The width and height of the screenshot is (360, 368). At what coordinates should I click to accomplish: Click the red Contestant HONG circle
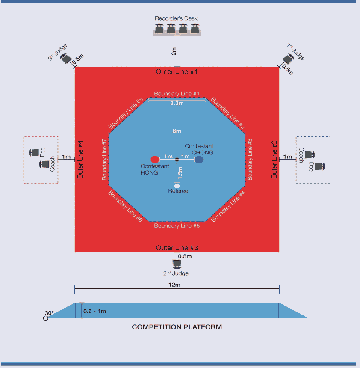(155, 160)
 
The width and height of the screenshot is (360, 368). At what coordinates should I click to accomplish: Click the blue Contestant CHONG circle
(199, 160)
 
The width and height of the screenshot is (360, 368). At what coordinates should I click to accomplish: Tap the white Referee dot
(177, 185)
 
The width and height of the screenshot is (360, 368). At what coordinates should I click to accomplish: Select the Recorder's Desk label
(176, 18)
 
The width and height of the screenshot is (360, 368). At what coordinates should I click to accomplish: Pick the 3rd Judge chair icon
(65, 60)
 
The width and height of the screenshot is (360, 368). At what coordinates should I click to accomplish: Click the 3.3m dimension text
(177, 104)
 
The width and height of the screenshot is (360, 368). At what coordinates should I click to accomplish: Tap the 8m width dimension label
(177, 131)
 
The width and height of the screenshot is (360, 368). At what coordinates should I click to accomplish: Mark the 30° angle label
(50, 313)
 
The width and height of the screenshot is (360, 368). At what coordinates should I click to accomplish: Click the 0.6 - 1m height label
(94, 311)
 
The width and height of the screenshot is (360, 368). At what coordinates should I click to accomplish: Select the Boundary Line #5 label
(177, 226)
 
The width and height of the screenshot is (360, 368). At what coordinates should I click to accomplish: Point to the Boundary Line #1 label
(177, 94)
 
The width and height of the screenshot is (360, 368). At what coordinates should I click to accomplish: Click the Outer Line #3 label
(177, 248)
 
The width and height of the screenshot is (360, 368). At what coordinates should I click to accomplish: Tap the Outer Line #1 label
(177, 71)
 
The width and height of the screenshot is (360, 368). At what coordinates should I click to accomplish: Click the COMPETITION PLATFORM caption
(177, 327)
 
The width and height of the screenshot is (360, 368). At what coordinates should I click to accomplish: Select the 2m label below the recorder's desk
(174, 51)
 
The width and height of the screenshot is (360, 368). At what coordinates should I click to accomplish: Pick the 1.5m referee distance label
(180, 172)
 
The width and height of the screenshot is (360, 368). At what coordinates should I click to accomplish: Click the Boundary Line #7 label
(104, 159)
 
